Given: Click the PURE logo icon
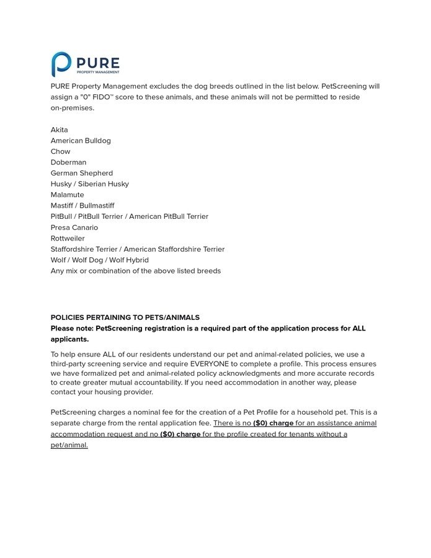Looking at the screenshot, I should coord(61,64).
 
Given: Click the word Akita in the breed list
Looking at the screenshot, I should coord(60,130).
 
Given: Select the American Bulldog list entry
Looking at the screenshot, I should coord(81,141).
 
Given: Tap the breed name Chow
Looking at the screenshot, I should coord(61,151).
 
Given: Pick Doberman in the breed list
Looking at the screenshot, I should coord(69,162).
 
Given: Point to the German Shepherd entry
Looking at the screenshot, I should coord(82,173).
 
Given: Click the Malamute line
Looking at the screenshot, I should coord(68,195).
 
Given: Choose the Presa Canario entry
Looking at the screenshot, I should coord(74,228).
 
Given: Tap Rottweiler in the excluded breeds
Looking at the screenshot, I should coord(68,238).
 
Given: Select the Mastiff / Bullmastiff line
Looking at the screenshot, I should coord(82,206).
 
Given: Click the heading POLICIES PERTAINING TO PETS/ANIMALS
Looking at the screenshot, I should coord(125,317).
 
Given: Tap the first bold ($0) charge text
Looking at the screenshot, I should coord(273,423).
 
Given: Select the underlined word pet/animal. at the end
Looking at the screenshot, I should coord(69,445).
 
